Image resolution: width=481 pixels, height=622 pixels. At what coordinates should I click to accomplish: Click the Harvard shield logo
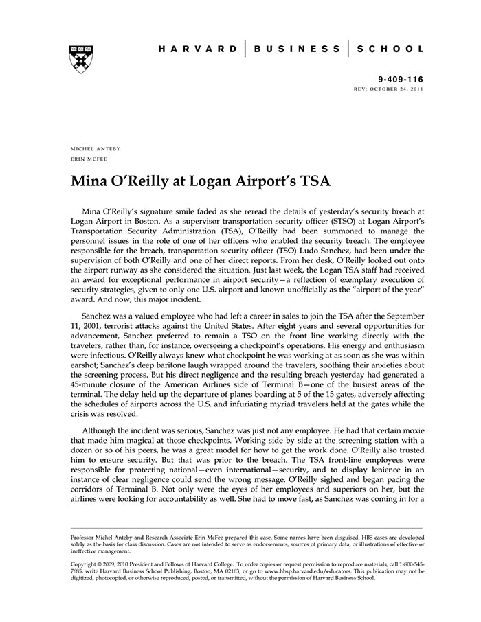(x=82, y=58)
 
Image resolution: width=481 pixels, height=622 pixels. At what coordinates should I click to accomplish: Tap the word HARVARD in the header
(x=198, y=49)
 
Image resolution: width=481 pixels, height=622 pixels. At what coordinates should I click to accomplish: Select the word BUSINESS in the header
(x=297, y=49)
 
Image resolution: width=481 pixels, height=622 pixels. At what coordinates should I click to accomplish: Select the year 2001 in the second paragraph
(x=95, y=323)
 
